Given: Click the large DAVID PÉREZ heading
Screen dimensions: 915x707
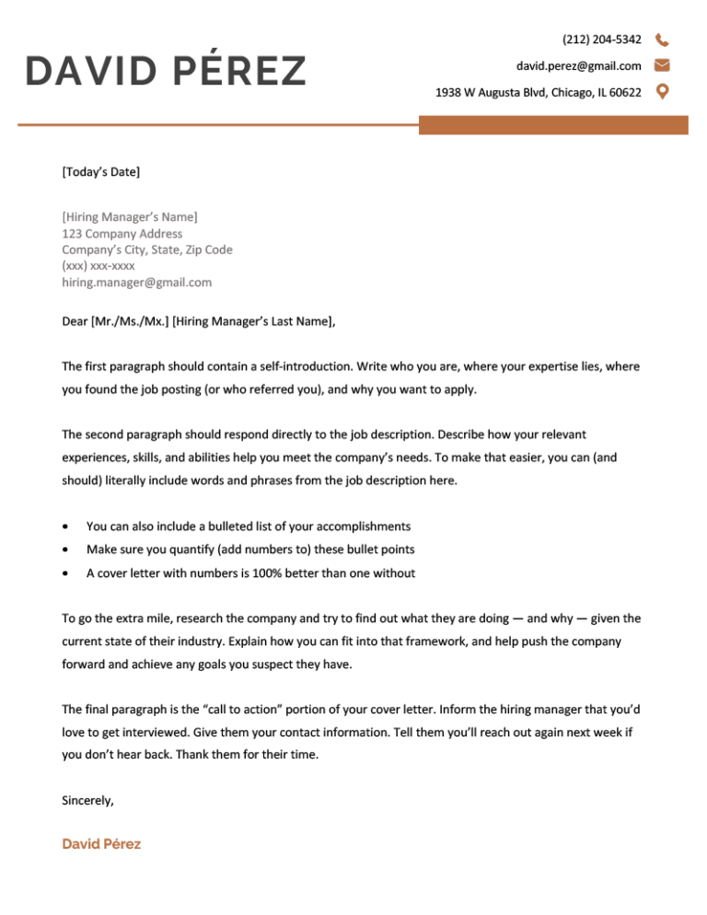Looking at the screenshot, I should tap(166, 72).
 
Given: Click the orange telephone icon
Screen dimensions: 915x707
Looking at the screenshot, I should tap(662, 40).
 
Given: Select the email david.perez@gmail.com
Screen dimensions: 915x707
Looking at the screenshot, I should tap(578, 65).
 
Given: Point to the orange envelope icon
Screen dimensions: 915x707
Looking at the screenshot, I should tap(662, 65).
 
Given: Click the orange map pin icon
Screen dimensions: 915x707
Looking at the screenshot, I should tap(662, 91).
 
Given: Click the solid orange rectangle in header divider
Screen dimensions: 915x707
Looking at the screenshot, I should tap(553, 125).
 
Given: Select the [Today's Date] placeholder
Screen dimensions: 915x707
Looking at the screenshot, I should tap(101, 171).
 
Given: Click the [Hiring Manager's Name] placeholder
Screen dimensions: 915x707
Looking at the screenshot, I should tap(130, 217).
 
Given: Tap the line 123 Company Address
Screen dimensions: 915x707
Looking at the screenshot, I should tap(122, 234).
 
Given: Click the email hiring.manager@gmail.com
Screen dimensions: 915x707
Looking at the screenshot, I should tap(137, 283).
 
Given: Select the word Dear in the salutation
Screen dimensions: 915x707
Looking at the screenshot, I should tap(75, 321).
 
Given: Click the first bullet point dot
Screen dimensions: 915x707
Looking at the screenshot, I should tap(63, 527).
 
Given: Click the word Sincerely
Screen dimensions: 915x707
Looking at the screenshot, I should tap(87, 801).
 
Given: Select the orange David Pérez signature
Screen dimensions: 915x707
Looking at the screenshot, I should tap(101, 843).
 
